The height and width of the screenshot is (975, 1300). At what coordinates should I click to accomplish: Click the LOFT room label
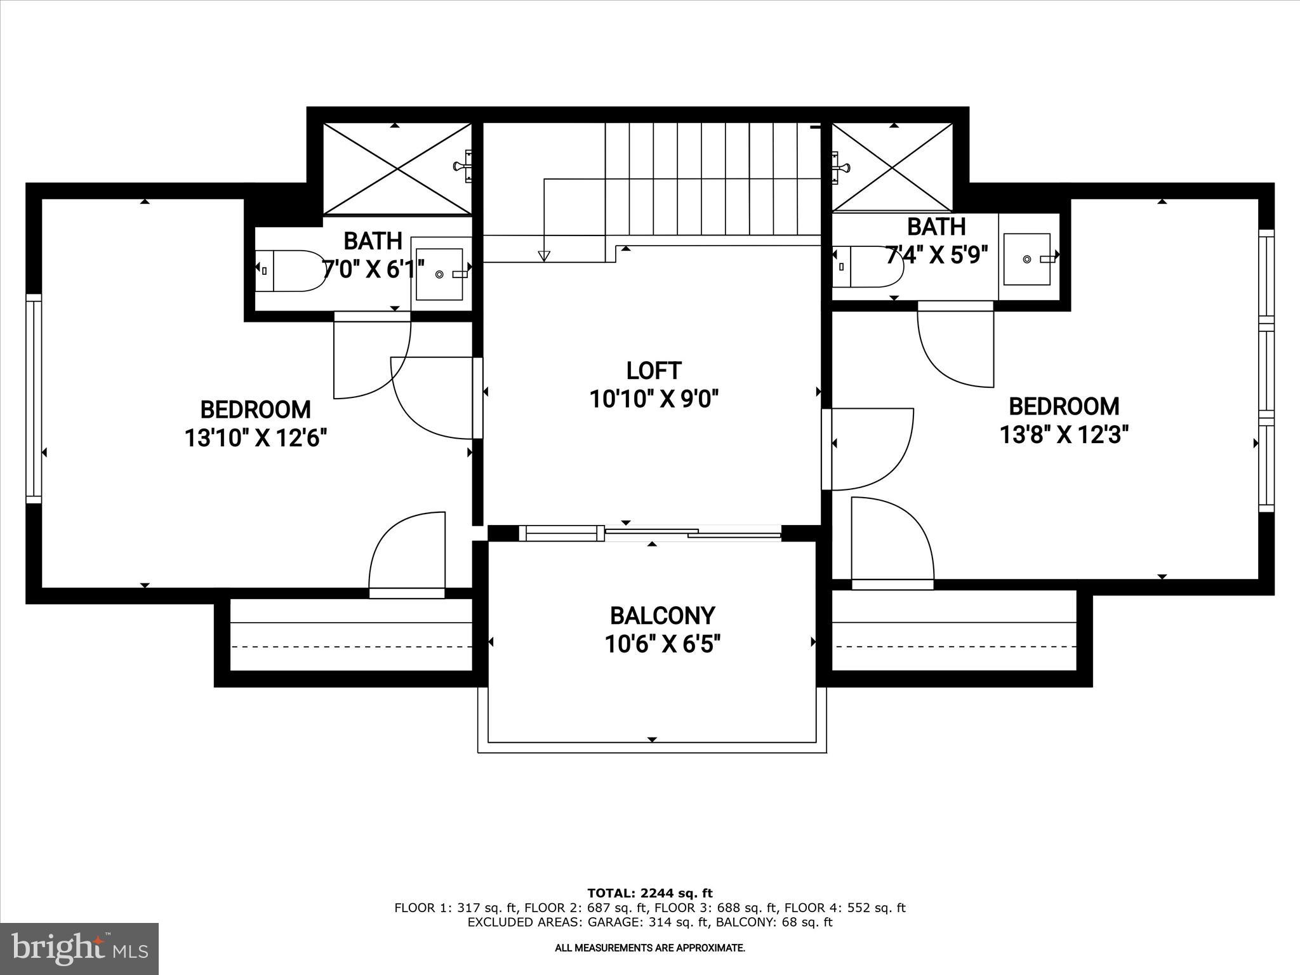[653, 370]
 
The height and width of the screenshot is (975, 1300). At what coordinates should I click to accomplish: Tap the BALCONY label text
[662, 616]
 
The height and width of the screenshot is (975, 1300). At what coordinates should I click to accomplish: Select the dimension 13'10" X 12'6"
[255, 438]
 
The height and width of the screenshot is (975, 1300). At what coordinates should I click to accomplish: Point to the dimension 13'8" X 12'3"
[1064, 435]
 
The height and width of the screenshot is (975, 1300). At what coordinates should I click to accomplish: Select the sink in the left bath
[439, 274]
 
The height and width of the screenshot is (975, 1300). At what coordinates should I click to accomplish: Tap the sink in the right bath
[1027, 258]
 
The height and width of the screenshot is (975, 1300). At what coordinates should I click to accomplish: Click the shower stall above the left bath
[397, 169]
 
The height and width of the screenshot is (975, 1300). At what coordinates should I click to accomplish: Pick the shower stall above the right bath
[892, 168]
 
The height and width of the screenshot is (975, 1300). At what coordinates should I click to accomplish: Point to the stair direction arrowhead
[543, 256]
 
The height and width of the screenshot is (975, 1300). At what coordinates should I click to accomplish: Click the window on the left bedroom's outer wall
[33, 398]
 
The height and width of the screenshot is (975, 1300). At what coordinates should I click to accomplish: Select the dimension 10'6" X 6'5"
[662, 645]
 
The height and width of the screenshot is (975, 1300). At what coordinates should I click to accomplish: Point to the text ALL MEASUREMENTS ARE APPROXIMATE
[649, 948]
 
